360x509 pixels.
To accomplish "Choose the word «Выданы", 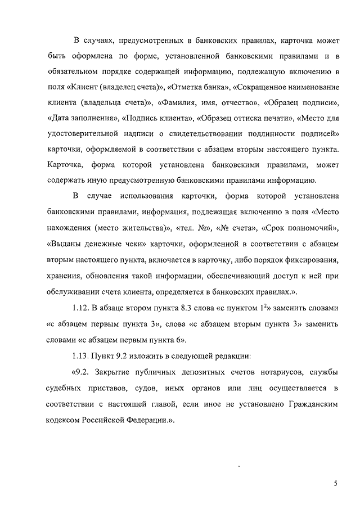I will tap(60, 245).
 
